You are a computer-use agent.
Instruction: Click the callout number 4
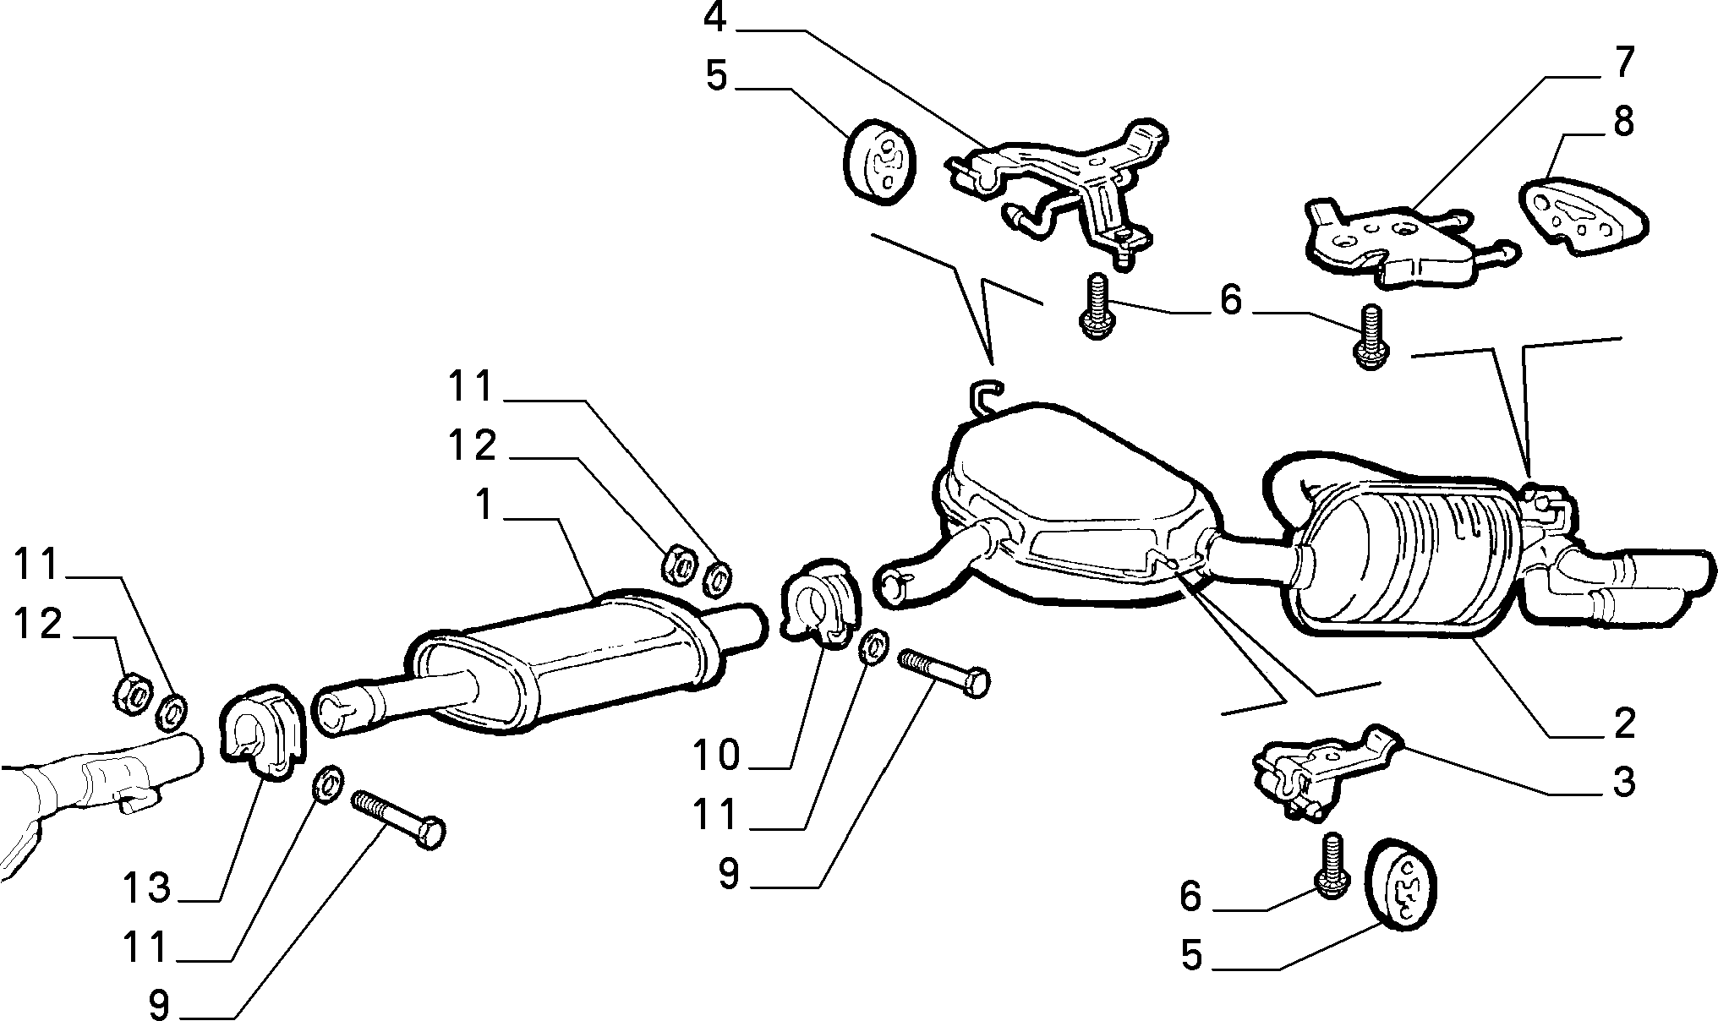point(715,18)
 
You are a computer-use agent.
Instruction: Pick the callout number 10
point(716,754)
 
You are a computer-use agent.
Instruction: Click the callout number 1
point(484,505)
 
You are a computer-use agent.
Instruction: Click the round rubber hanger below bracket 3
point(1402,884)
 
